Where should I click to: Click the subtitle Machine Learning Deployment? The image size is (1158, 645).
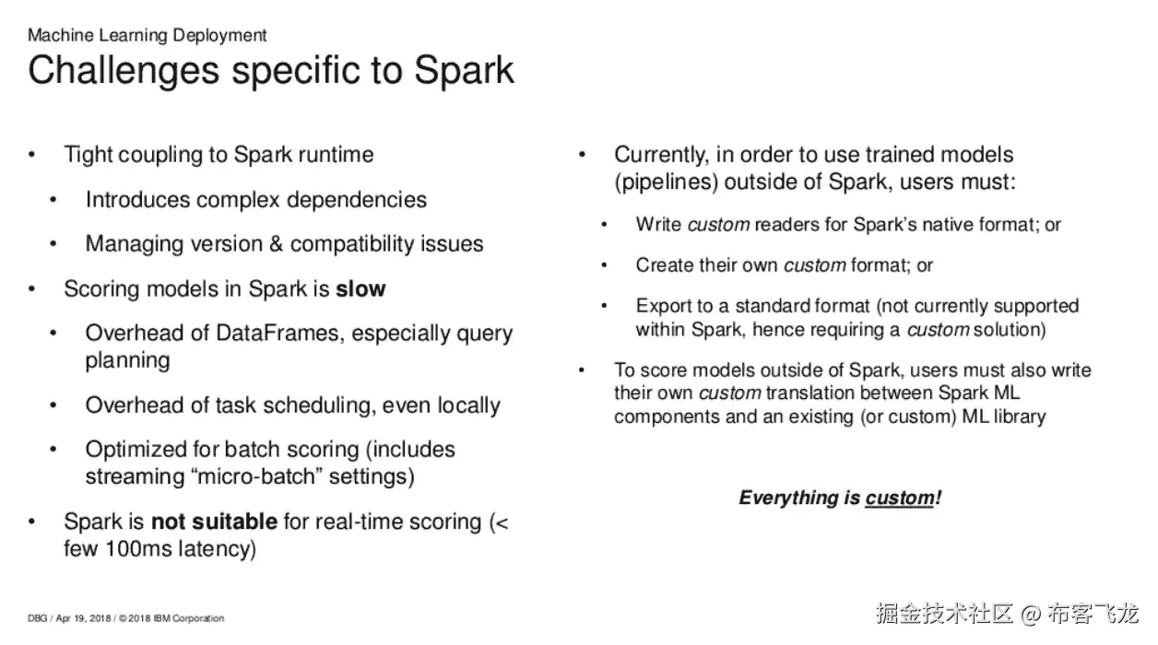click(148, 35)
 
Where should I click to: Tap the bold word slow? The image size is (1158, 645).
click(360, 289)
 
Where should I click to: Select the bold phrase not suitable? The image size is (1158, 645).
click(214, 522)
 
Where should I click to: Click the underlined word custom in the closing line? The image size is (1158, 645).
click(900, 498)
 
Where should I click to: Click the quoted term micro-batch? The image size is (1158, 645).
click(256, 476)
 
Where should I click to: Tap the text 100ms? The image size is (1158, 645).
click(138, 549)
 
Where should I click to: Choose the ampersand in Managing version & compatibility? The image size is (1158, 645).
click(276, 244)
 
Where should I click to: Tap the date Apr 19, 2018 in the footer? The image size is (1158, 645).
click(83, 618)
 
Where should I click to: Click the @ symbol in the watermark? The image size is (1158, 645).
click(1031, 614)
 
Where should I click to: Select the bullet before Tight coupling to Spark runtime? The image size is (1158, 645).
click(32, 155)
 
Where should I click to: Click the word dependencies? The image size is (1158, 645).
click(357, 201)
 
